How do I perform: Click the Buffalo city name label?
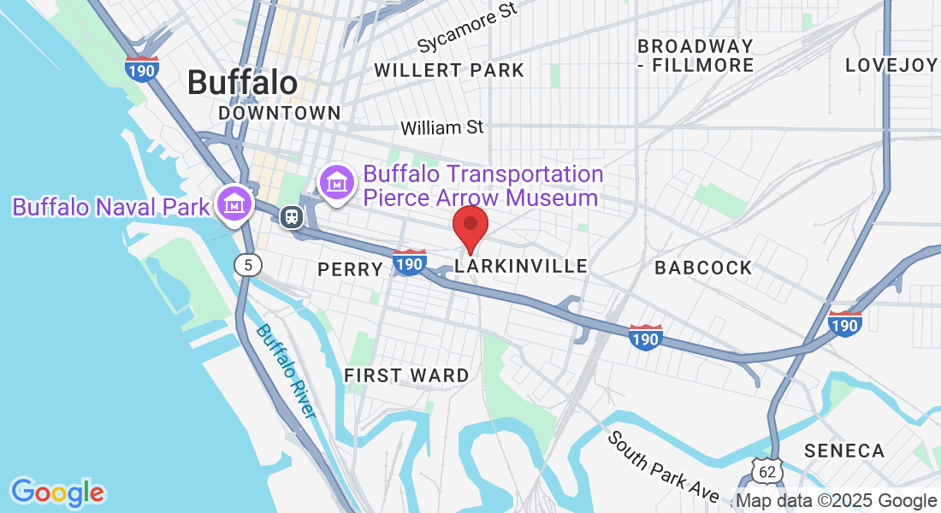(x=242, y=83)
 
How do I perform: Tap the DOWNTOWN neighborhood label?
(x=279, y=113)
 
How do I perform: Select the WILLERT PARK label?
(x=449, y=70)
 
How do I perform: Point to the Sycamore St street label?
(x=469, y=28)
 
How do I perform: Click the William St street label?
(x=442, y=127)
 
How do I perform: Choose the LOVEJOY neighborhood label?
(x=891, y=65)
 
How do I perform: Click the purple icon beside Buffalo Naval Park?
(x=233, y=203)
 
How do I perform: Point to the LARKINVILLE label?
(x=521, y=267)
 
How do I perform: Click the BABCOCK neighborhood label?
(x=703, y=268)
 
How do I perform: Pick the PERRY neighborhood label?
(x=350, y=269)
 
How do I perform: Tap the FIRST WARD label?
(x=406, y=375)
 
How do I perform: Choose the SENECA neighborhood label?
(x=843, y=451)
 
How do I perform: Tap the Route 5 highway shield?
(x=247, y=265)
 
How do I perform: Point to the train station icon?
(x=292, y=215)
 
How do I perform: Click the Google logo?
(x=57, y=492)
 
